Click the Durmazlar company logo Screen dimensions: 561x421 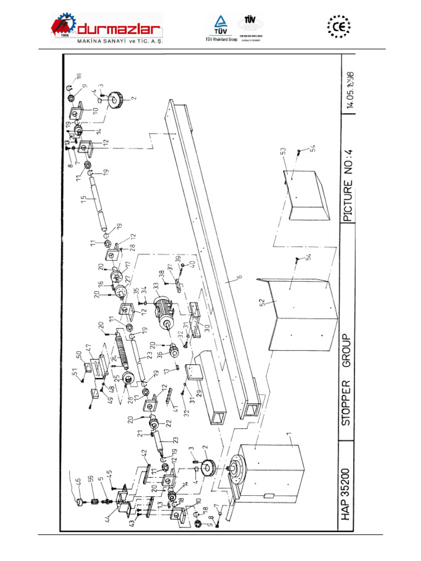[107, 29]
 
